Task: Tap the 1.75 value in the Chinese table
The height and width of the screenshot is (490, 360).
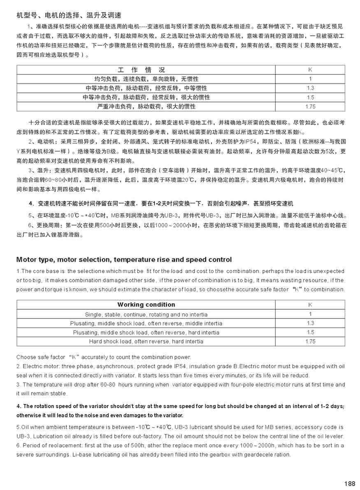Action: pos(310,107)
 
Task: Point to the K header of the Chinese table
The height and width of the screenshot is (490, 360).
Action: pos(310,70)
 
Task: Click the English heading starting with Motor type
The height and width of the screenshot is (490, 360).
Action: pos(124,260)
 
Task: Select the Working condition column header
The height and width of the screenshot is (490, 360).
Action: pos(146,305)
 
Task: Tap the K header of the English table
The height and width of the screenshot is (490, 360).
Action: pos(310,305)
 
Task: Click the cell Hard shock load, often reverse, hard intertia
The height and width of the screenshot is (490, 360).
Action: pos(146,341)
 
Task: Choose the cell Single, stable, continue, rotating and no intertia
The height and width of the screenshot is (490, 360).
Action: pos(146,314)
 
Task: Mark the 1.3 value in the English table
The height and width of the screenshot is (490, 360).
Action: pos(310,323)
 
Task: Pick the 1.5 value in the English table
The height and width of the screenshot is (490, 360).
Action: pos(310,332)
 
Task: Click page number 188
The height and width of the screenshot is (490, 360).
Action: pos(349,483)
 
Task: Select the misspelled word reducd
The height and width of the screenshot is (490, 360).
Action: pos(301,375)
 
